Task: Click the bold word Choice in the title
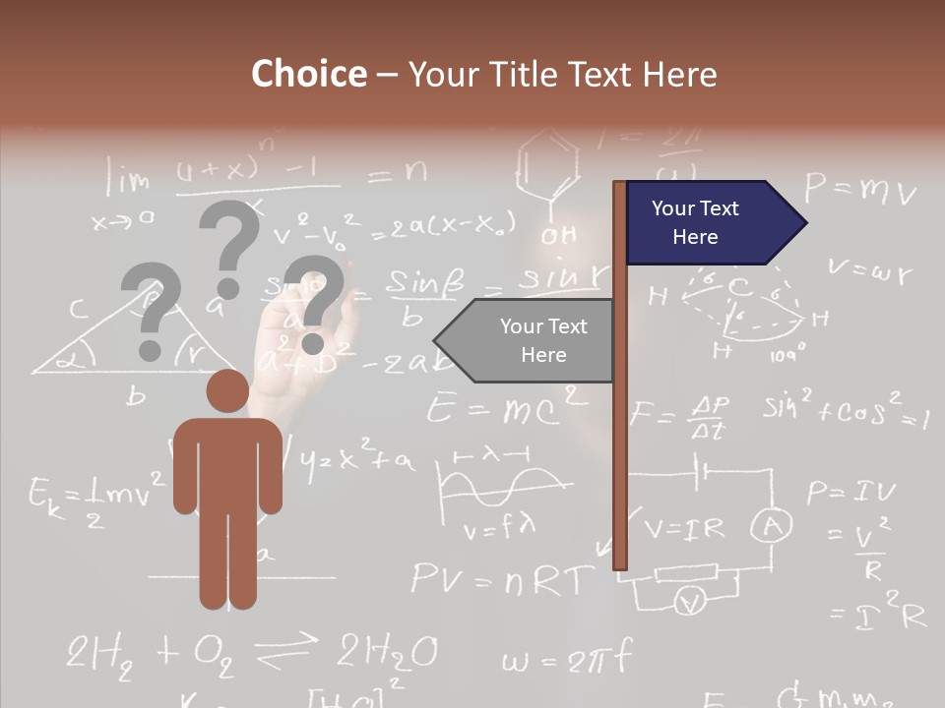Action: click(308, 74)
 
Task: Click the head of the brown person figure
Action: click(227, 390)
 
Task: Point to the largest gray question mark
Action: click(229, 247)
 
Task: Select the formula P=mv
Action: click(859, 188)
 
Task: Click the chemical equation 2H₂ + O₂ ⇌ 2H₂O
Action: click(251, 652)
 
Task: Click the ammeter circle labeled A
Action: click(772, 528)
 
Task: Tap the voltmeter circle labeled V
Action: click(692, 601)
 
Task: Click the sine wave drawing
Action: click(503, 483)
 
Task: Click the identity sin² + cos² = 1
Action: click(845, 407)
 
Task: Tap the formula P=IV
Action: click(850, 491)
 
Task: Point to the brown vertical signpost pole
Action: click(619, 374)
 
